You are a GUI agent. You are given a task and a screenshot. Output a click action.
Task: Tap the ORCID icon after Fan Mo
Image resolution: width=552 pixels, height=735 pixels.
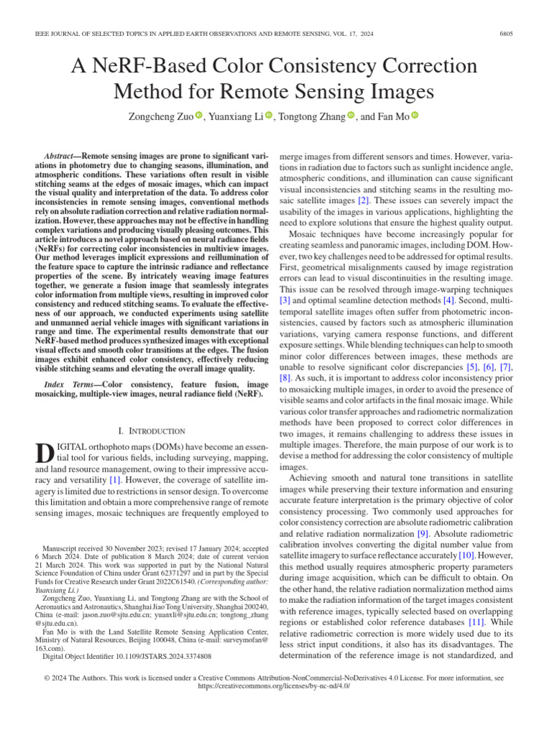click(x=415, y=116)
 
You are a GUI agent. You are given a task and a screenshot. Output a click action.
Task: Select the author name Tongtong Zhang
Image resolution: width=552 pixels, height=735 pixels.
click(x=311, y=116)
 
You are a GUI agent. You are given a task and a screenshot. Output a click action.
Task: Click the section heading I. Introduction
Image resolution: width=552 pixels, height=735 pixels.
click(x=152, y=431)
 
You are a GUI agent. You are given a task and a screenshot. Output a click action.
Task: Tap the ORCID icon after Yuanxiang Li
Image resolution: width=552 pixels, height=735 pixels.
click(x=269, y=116)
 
